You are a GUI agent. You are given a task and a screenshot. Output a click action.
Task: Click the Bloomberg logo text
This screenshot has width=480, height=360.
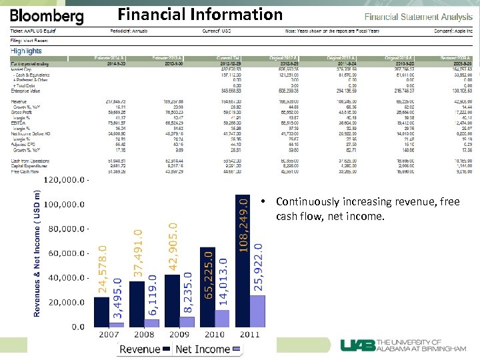pyautogui.click(x=47, y=16)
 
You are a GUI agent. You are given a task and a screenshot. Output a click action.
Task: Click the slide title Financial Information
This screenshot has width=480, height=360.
pyautogui.click(x=200, y=14)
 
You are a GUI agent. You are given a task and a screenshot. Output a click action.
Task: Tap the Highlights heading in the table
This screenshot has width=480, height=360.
pyautogui.click(x=27, y=51)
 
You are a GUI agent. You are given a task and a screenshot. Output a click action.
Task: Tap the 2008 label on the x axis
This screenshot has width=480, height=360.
pyautogui.click(x=143, y=334)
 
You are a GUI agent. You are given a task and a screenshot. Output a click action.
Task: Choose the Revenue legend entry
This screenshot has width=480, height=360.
pyautogui.click(x=139, y=349)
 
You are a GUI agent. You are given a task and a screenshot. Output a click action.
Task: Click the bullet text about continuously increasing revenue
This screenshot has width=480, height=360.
pyautogui.click(x=367, y=209)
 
